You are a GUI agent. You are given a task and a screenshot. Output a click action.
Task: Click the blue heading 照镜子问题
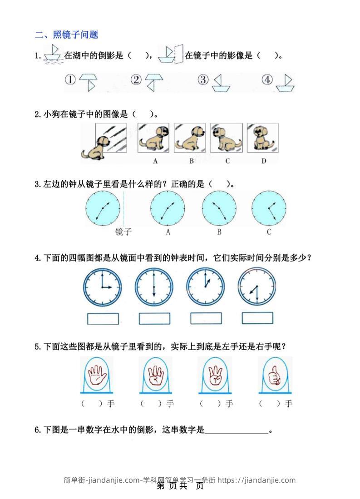[x=75, y=35]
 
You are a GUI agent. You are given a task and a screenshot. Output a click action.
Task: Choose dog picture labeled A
[x=153, y=138]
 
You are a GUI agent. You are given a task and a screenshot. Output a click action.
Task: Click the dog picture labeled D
[x=262, y=138]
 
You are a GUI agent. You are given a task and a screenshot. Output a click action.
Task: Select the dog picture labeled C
[x=227, y=138]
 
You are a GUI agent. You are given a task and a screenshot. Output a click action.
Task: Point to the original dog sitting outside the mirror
[x=94, y=148]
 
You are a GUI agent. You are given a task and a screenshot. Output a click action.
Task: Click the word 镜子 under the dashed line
[x=123, y=232]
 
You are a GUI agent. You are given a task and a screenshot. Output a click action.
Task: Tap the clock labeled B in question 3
[x=219, y=208]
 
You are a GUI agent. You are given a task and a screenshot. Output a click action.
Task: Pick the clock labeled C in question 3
[x=269, y=208]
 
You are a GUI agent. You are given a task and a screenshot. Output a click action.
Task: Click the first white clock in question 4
[x=103, y=287]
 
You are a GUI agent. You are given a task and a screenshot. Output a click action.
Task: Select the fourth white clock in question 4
[x=257, y=287]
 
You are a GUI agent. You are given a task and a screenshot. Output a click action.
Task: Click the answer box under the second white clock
[x=154, y=319]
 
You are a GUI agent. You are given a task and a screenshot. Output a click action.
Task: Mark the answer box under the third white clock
[x=206, y=318]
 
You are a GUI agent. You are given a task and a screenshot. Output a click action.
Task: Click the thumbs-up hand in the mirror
[x=275, y=375]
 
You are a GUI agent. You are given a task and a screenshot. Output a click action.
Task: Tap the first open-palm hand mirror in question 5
[x=97, y=375]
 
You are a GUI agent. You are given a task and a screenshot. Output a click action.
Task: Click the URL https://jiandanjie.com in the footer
[x=256, y=480]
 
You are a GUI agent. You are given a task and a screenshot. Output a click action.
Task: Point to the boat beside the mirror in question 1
[x=167, y=55]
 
